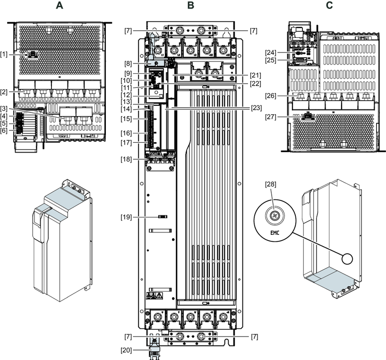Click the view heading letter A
[59, 6]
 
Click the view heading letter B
[190, 6]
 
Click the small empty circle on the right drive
[347, 257]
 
